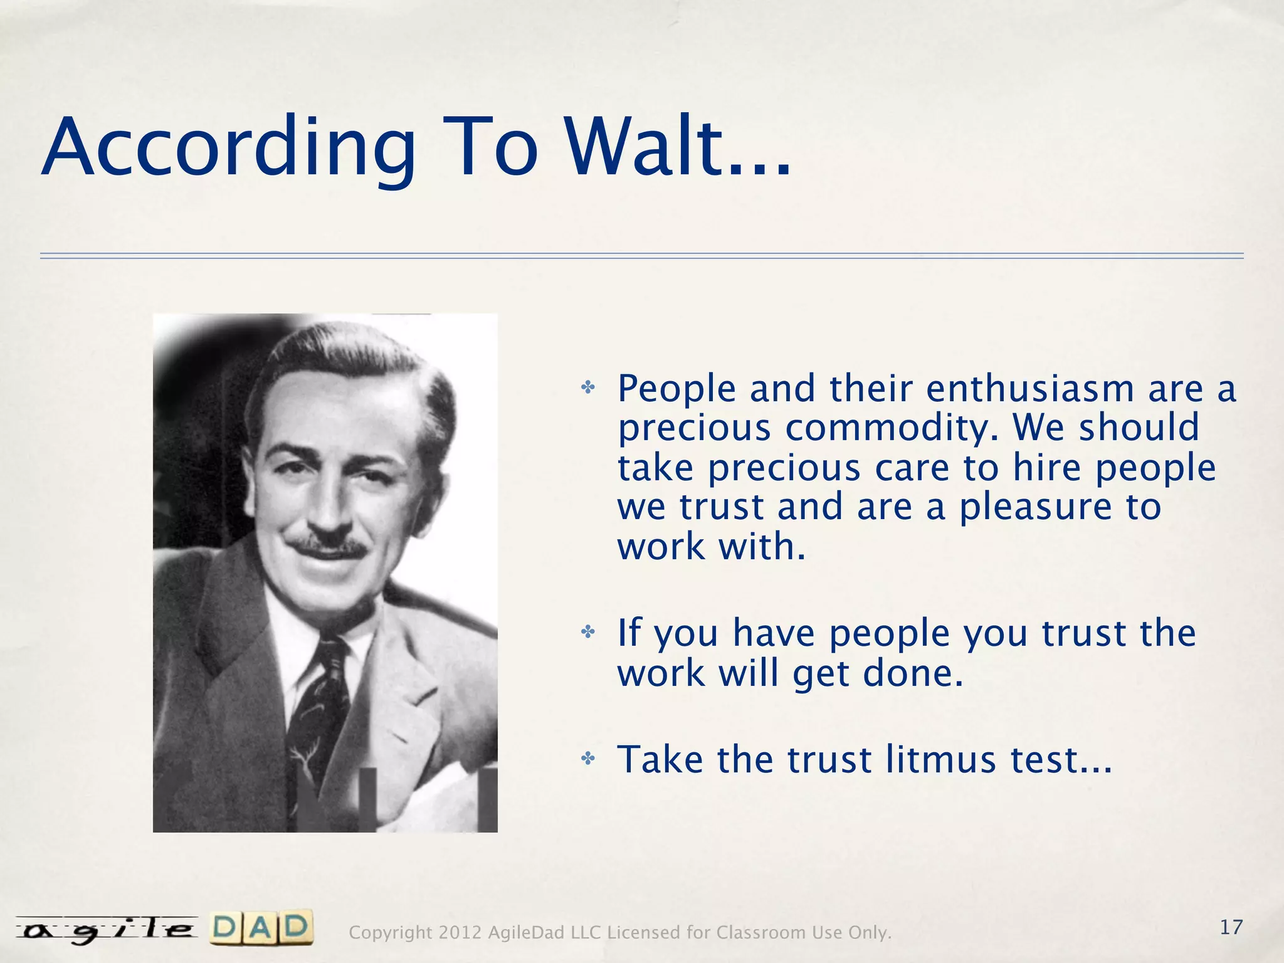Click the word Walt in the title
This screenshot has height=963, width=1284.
click(677, 148)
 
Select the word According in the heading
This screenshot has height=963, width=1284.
click(229, 148)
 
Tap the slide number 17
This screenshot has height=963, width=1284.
click(1231, 927)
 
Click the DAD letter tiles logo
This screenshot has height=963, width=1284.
click(261, 928)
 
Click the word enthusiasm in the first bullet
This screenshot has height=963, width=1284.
click(1030, 389)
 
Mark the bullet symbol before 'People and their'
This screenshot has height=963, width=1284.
click(587, 388)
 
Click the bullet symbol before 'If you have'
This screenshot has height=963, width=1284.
click(587, 632)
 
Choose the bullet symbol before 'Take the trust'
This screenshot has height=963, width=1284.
click(587, 759)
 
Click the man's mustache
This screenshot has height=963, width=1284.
click(330, 547)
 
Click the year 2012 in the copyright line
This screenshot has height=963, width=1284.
click(460, 933)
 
